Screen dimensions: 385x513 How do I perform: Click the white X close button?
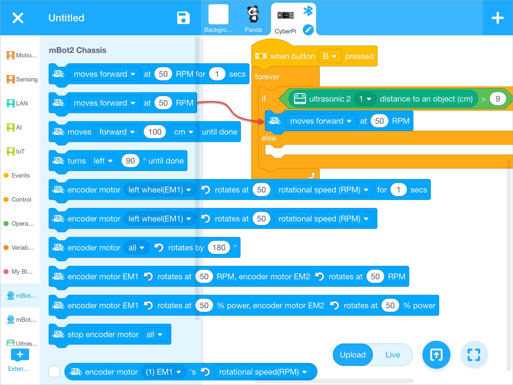point(18,18)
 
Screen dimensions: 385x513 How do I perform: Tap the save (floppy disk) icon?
point(183,18)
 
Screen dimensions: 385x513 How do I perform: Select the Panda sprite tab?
point(253,19)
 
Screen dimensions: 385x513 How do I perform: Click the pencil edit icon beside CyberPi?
point(308,30)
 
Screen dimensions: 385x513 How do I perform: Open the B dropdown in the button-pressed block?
point(330,56)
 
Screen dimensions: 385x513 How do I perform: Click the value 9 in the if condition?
point(497,99)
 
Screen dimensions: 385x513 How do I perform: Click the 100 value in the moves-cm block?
point(155,132)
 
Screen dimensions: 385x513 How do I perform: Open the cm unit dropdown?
point(184,132)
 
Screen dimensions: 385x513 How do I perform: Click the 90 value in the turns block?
point(130,161)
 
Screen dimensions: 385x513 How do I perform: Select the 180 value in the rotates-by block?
point(219,248)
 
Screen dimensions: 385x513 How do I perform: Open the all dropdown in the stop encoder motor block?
point(154,334)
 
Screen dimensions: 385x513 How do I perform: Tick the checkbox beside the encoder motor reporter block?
point(54,371)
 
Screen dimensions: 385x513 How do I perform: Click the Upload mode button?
point(353,355)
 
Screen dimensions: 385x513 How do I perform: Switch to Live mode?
point(392,355)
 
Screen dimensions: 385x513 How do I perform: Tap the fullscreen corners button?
point(474,355)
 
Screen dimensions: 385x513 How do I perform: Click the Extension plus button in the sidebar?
point(20,355)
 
